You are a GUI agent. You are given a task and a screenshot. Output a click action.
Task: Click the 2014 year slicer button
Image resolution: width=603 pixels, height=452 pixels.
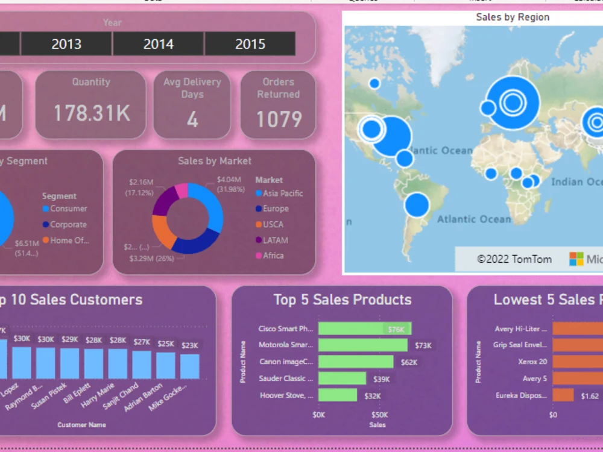[x=159, y=44]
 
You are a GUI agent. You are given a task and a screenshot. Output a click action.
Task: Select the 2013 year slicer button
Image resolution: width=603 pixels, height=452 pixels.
[x=66, y=44]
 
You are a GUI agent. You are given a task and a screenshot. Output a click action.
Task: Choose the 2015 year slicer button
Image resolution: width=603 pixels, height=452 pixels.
[x=250, y=44]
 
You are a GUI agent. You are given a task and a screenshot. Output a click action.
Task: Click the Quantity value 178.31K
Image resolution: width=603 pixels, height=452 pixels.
[x=92, y=113]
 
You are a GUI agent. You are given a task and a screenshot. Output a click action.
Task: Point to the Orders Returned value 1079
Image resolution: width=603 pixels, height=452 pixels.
[x=279, y=119]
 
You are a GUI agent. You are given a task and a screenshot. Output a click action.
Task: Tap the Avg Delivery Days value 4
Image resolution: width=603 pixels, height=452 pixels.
[x=192, y=119]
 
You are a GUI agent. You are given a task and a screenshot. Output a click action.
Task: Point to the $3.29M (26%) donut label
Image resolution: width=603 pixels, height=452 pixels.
[x=151, y=259]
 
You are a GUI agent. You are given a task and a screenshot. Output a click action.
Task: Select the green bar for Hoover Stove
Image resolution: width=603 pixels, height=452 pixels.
[x=337, y=395]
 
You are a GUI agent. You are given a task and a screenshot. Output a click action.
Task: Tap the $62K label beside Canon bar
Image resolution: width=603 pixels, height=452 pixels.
[x=409, y=362]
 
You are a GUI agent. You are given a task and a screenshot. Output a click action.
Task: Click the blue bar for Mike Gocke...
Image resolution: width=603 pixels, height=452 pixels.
[x=190, y=366]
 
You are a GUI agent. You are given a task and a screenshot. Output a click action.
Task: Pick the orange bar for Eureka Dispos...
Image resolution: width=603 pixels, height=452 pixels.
[x=563, y=395]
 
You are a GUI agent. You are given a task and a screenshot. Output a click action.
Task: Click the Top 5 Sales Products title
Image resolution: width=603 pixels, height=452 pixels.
[x=342, y=300]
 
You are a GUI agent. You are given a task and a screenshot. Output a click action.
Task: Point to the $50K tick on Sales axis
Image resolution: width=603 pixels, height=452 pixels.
[x=379, y=415]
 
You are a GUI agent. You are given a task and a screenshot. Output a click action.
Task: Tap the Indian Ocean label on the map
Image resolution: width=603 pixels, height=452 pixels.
[x=576, y=182]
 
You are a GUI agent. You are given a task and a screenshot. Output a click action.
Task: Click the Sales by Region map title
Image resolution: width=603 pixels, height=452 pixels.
[x=513, y=17]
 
